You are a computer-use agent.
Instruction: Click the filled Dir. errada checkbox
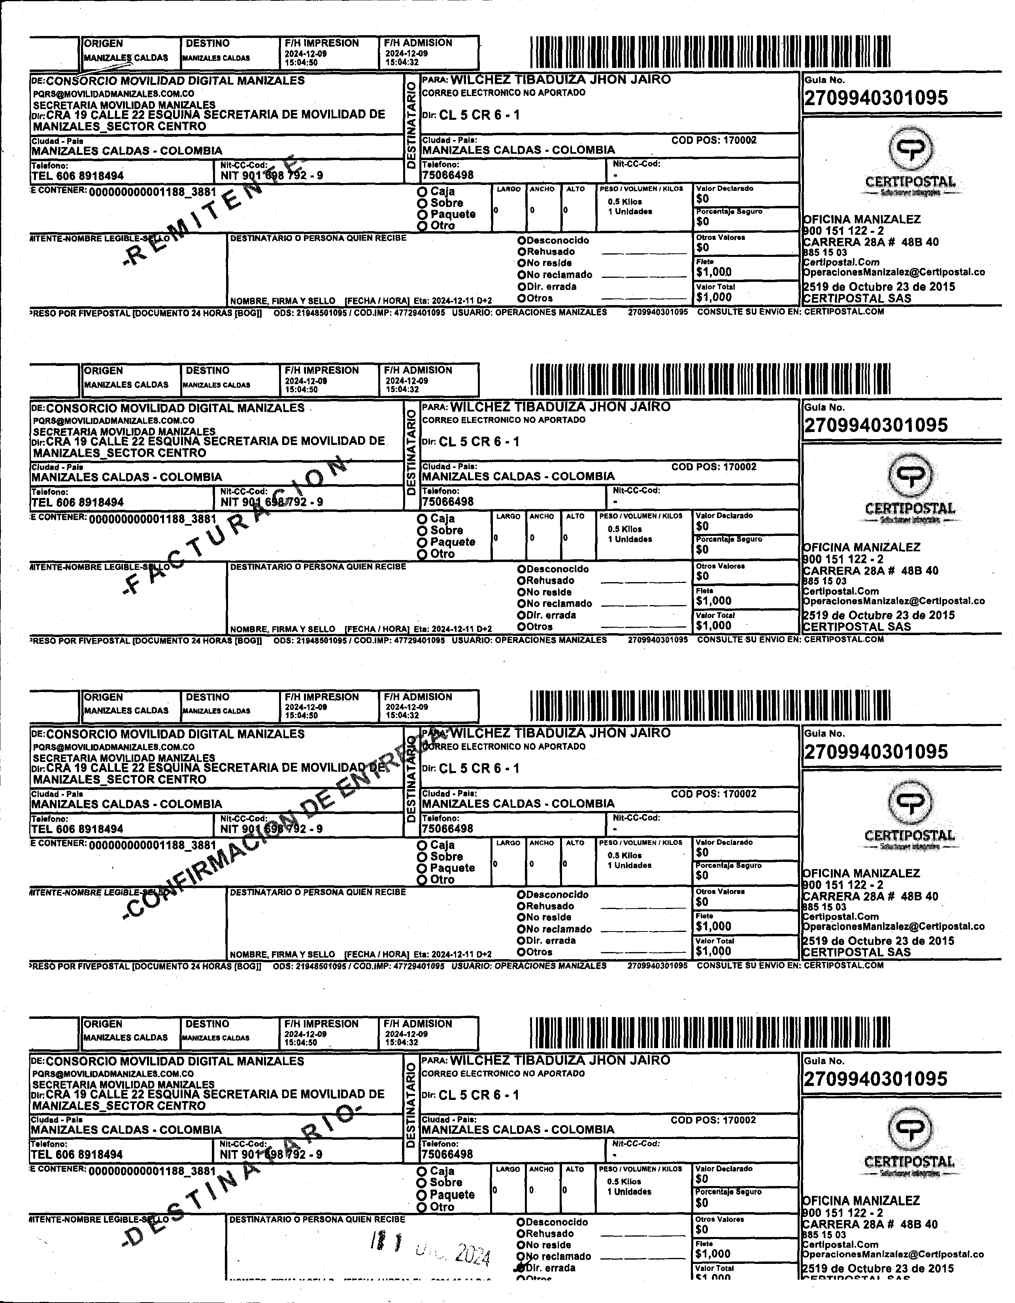click(x=521, y=1268)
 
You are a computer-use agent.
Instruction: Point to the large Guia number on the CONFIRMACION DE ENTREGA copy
click(x=875, y=752)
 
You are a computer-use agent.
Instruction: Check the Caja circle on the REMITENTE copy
click(x=423, y=192)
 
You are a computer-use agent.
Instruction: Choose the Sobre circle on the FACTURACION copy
click(x=423, y=531)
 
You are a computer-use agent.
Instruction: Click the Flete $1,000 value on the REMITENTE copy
click(x=714, y=272)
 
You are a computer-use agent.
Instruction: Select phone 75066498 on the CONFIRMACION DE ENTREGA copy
click(x=447, y=829)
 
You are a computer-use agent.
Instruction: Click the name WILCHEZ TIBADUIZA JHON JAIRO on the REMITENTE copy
click(x=560, y=79)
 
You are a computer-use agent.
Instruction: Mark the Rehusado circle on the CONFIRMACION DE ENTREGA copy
click(x=521, y=906)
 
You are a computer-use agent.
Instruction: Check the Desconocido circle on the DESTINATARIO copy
click(x=521, y=1222)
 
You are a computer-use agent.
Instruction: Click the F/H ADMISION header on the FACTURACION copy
click(x=418, y=370)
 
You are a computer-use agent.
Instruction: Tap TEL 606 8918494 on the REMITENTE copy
click(x=77, y=176)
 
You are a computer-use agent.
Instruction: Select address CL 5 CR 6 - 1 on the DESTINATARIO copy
click(x=479, y=1096)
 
